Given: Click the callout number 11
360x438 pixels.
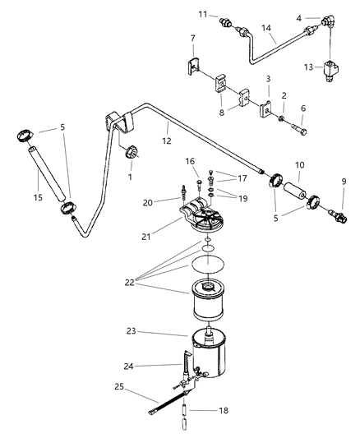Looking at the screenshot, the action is pyautogui.click(x=203, y=14).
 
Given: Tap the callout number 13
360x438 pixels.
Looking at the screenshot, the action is pyautogui.click(x=308, y=67).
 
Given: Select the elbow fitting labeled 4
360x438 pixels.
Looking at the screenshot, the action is pyautogui.click(x=330, y=21).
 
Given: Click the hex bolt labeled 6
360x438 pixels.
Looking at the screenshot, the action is pyautogui.click(x=299, y=130).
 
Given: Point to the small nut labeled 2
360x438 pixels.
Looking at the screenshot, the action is pyautogui.click(x=281, y=119).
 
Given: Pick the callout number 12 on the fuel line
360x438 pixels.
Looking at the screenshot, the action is pyautogui.click(x=167, y=141).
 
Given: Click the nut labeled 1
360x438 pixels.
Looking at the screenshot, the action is pyautogui.click(x=132, y=153).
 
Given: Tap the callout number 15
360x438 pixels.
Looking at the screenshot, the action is pyautogui.click(x=38, y=197).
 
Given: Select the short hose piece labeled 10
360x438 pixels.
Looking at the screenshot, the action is pyautogui.click(x=295, y=191).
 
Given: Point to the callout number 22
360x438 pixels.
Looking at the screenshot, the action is pyautogui.click(x=130, y=283).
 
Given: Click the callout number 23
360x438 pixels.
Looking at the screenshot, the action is pyautogui.click(x=131, y=331).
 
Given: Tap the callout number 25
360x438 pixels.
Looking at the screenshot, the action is pyautogui.click(x=119, y=387).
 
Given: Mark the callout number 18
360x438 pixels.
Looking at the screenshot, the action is pyautogui.click(x=224, y=410).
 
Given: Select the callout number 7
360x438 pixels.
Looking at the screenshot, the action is pyautogui.click(x=193, y=38).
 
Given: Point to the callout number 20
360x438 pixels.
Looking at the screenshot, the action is pyautogui.click(x=147, y=202).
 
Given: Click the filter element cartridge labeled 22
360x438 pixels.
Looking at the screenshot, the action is pyautogui.click(x=208, y=301).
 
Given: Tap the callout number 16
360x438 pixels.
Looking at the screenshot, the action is pyautogui.click(x=190, y=161).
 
